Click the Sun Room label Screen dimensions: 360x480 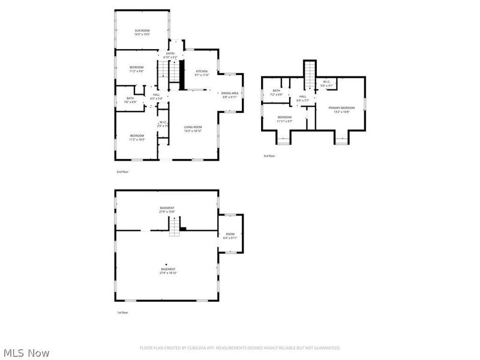point(142,32)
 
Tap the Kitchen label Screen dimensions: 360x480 point(201,73)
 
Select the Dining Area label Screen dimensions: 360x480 point(230,94)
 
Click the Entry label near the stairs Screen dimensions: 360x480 point(171,55)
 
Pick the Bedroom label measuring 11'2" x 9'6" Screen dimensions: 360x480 point(136,69)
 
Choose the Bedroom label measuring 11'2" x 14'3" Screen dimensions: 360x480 point(137,137)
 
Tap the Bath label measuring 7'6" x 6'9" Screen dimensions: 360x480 point(130,100)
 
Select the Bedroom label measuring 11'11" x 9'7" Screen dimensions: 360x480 point(284,119)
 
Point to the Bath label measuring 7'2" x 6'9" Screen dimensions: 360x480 point(277,92)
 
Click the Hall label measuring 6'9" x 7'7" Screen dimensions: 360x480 point(302,98)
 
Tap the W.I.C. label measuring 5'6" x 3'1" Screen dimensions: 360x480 point(326,83)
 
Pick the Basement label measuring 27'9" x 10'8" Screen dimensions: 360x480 point(167,209)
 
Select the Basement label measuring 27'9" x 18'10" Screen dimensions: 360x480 point(168,271)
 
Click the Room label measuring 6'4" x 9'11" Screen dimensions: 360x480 point(230,236)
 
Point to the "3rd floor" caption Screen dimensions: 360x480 point(269,156)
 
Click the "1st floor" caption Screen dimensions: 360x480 point(122,313)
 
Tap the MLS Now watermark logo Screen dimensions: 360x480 point(26,353)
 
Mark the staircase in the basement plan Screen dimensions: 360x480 point(173,226)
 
